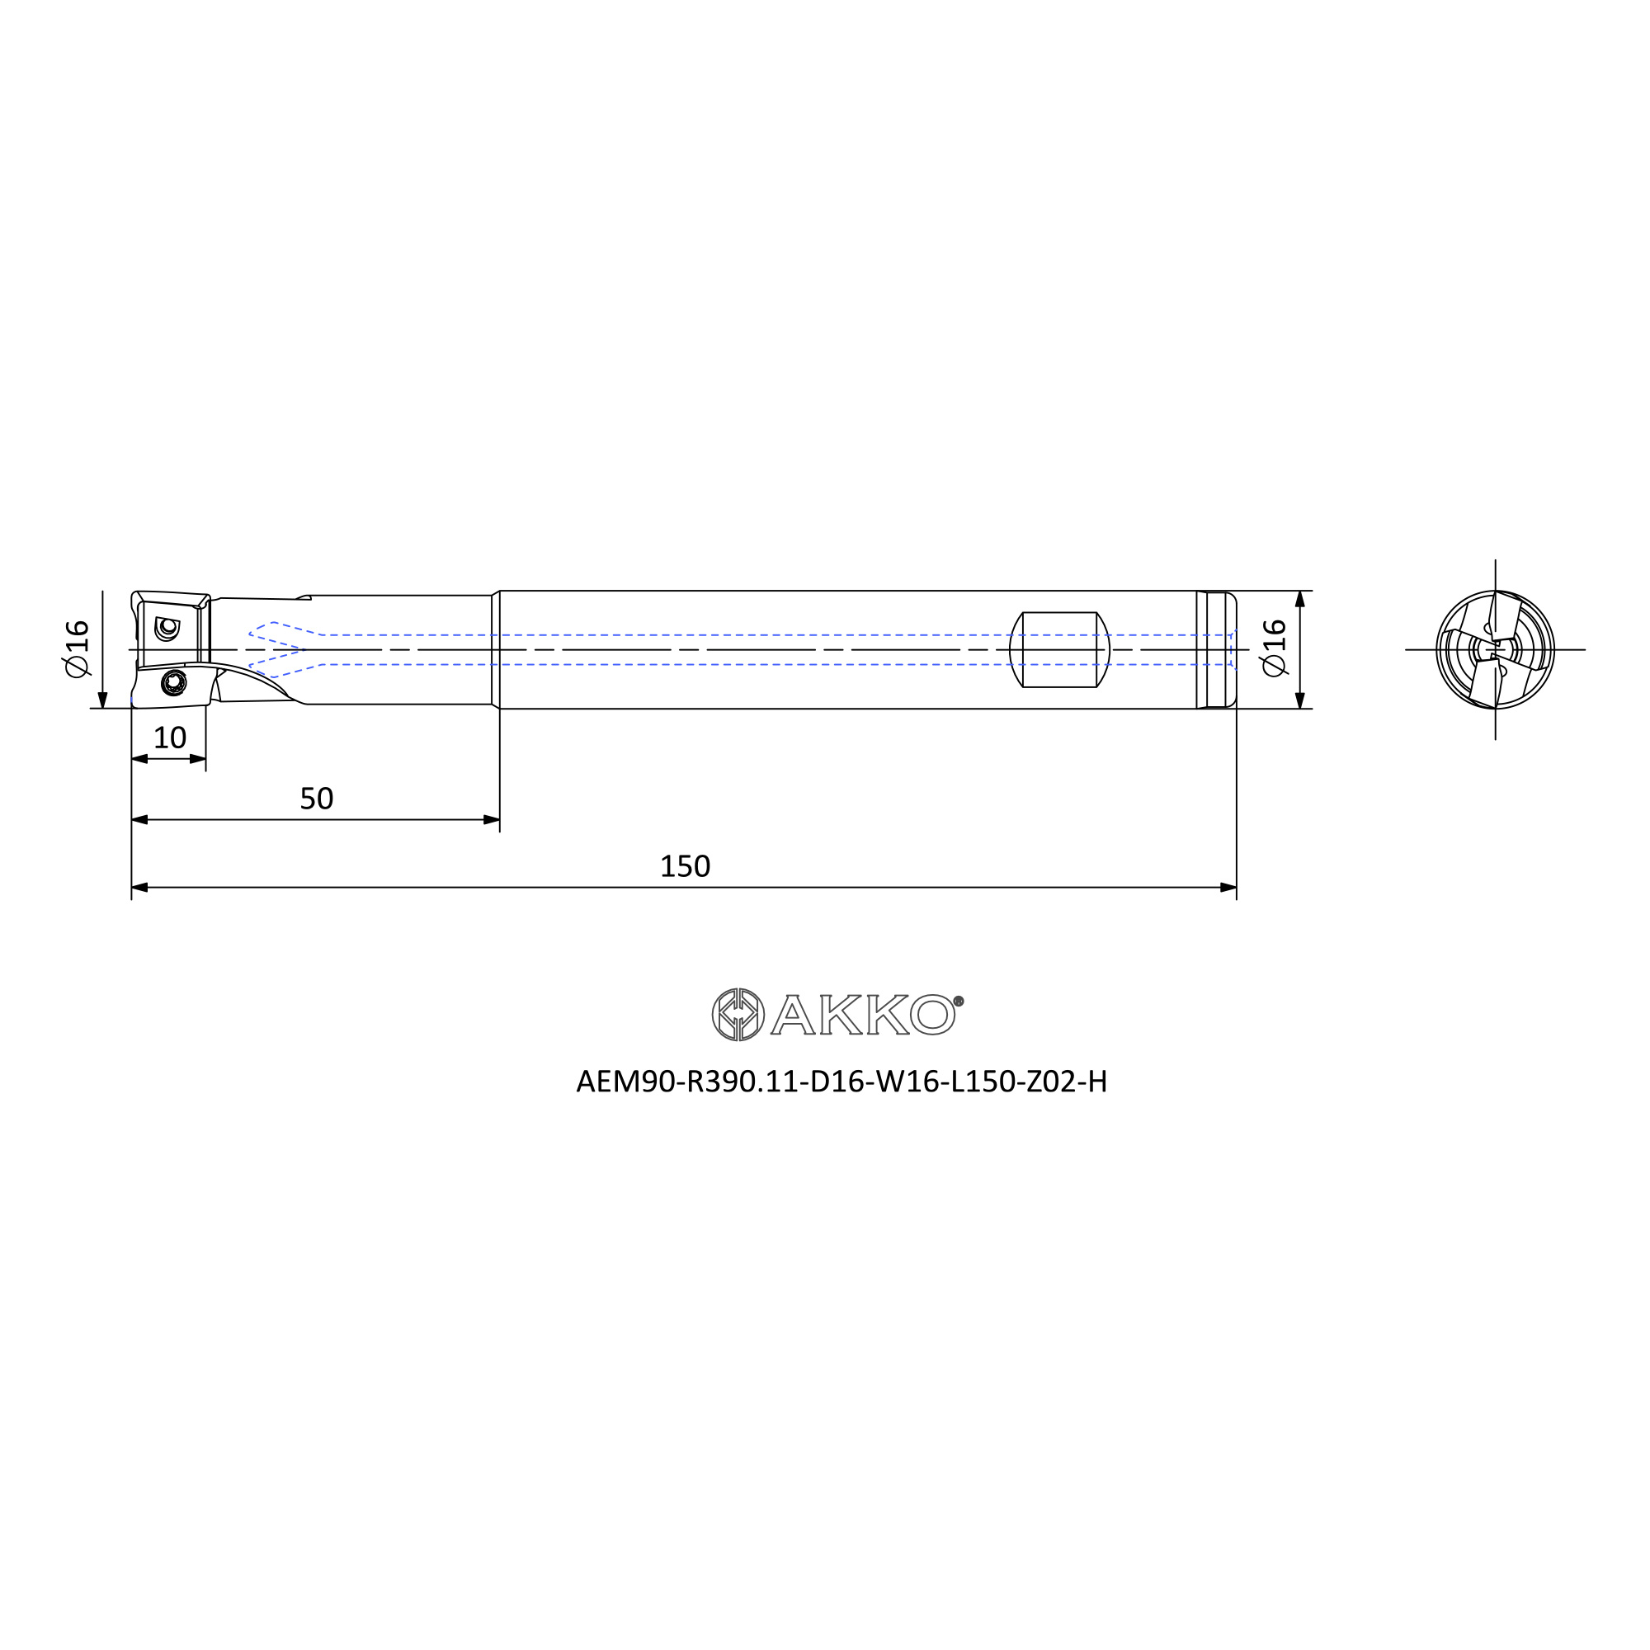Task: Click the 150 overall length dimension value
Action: click(685, 867)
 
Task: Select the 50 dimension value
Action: click(316, 799)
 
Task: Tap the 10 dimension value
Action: click(169, 738)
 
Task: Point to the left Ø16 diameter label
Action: click(77, 648)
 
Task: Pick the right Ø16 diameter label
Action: click(1275, 648)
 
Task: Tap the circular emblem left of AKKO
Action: click(738, 1015)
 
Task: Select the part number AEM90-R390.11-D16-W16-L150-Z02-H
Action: click(841, 1082)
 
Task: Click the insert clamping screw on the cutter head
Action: click(174, 682)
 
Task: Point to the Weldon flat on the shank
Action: click(1059, 649)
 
